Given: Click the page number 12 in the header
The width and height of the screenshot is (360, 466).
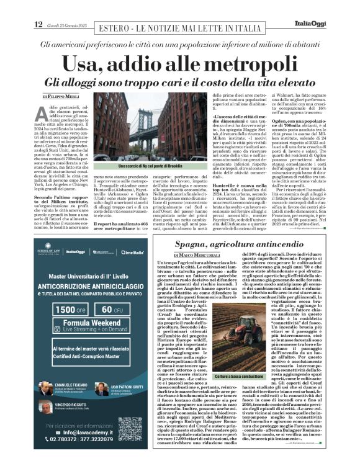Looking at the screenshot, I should pos(38,24).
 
